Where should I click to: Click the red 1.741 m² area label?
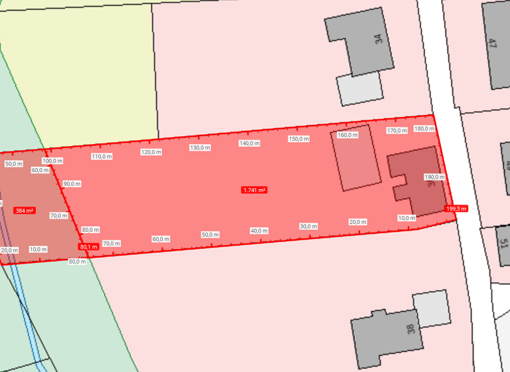[x=254, y=190]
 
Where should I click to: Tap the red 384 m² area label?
[x=24, y=211]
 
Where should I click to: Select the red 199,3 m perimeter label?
[x=456, y=209]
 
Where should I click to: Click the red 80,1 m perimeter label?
[x=88, y=247]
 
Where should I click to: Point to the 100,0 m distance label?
[x=52, y=161]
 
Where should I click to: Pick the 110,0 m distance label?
[x=102, y=157]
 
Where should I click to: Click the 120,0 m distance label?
[x=151, y=152]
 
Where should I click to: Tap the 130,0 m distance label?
[x=200, y=147]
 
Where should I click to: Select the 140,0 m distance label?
[x=249, y=143]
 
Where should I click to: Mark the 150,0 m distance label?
[x=299, y=139]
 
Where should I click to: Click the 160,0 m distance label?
[x=347, y=135]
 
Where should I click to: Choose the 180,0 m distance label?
[x=424, y=128]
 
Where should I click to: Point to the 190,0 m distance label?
[x=434, y=177]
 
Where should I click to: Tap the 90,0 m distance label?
[x=72, y=184]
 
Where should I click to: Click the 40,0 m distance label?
[x=259, y=231]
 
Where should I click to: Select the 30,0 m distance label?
[x=308, y=227]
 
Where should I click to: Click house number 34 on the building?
[x=379, y=39]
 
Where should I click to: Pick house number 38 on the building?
[x=410, y=329]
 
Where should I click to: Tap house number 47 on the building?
[x=492, y=45]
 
